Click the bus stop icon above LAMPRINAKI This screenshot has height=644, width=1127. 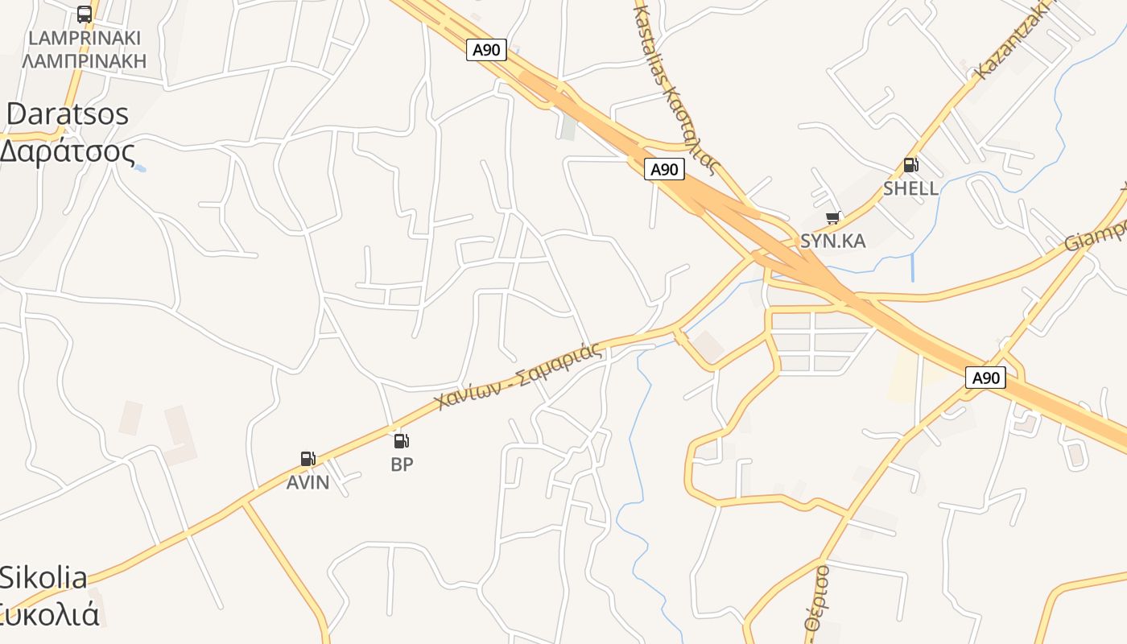(85, 14)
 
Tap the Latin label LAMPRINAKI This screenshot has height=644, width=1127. (85, 38)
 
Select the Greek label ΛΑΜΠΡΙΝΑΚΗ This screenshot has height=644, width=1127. (85, 60)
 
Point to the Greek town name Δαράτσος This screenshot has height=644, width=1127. (67, 151)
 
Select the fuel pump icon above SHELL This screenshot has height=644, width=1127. (910, 165)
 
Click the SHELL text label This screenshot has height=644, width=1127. (910, 188)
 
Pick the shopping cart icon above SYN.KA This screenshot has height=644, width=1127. (833, 217)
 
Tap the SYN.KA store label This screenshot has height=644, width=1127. (832, 241)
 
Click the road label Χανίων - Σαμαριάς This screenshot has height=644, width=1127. (518, 376)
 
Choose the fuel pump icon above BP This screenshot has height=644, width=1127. (402, 440)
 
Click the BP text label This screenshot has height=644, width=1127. (402, 464)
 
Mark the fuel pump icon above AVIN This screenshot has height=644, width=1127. (308, 459)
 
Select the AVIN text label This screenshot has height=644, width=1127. (308, 482)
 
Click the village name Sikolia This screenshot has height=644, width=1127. (43, 577)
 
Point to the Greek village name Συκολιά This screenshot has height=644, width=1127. (50, 615)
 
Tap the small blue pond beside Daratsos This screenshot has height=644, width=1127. (140, 168)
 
